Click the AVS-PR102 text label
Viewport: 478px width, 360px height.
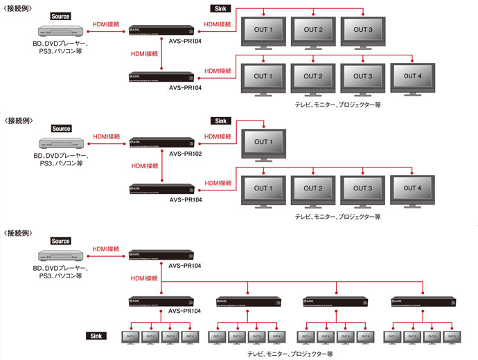click(185, 153)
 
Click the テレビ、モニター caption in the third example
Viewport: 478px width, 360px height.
click(290, 354)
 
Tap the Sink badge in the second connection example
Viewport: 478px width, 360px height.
click(220, 120)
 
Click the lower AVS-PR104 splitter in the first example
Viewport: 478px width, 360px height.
click(161, 78)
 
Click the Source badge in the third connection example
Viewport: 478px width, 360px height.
click(61, 241)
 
